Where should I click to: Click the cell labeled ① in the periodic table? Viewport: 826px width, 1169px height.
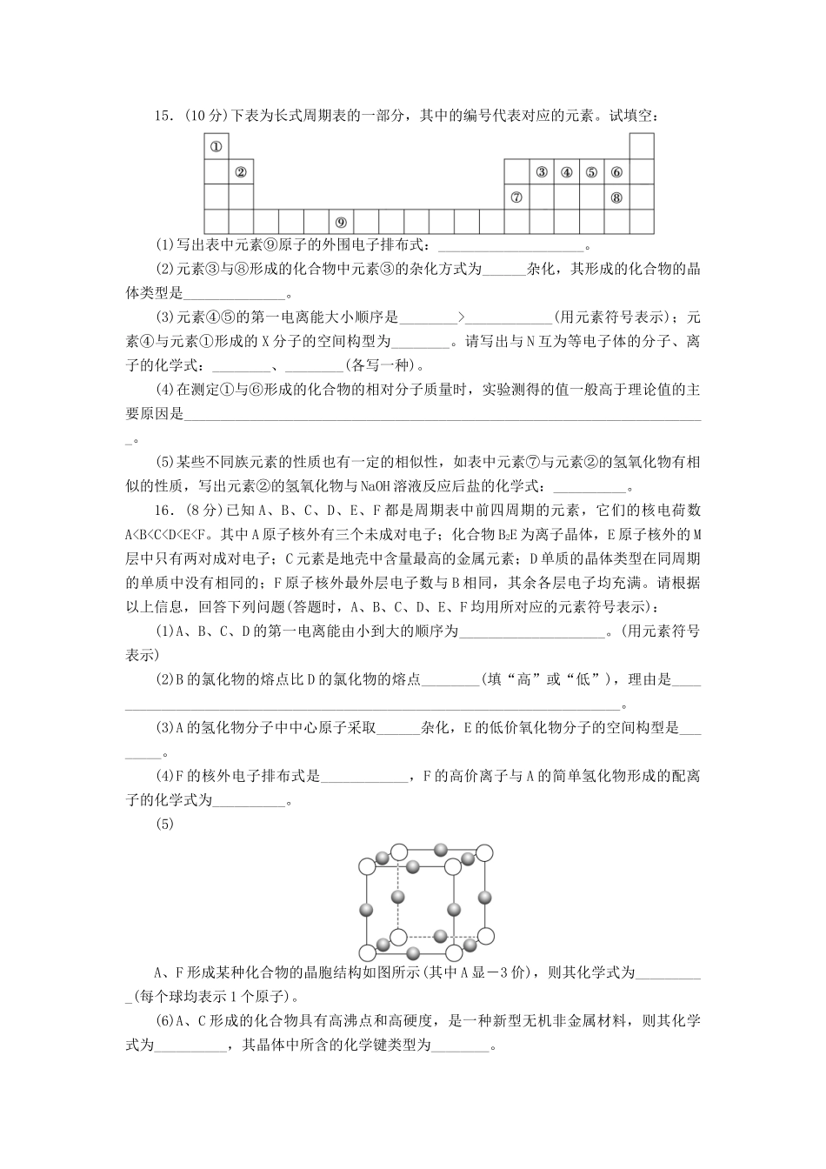pyautogui.click(x=216, y=146)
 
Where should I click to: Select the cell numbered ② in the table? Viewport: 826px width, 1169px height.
pyautogui.click(x=241, y=171)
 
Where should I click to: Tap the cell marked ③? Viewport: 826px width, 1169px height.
pyautogui.click(x=541, y=171)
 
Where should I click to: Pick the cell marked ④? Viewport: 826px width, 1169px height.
pyautogui.click(x=566, y=171)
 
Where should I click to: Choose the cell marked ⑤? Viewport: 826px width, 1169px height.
pyautogui.click(x=591, y=171)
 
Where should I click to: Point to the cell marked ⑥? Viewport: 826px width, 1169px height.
pyautogui.click(x=616, y=171)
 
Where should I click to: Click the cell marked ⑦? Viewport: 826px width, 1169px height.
pyautogui.click(x=516, y=197)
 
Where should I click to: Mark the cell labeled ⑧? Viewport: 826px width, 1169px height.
pyautogui.click(x=616, y=197)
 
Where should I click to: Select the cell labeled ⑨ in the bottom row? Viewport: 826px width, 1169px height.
pyautogui.click(x=341, y=222)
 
